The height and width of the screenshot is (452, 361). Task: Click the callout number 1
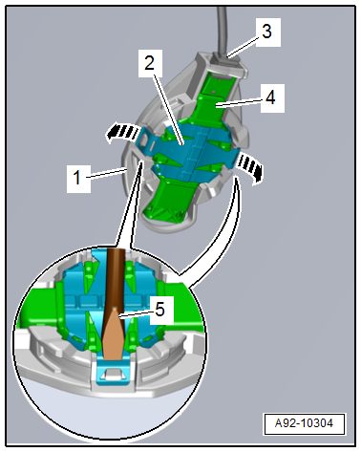click(76, 177)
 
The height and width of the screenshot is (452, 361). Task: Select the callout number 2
click(149, 63)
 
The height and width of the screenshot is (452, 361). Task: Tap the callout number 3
click(266, 32)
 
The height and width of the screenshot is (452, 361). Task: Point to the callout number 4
click(270, 97)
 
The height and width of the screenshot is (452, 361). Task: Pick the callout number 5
click(159, 310)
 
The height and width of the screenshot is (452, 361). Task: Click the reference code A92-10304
click(304, 423)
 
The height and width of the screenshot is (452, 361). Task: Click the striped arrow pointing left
click(122, 133)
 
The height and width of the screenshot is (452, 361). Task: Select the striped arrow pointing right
click(251, 167)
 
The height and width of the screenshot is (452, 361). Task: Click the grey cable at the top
click(222, 29)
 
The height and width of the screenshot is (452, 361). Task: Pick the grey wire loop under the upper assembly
click(165, 224)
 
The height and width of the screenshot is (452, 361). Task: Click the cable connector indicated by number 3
click(226, 59)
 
